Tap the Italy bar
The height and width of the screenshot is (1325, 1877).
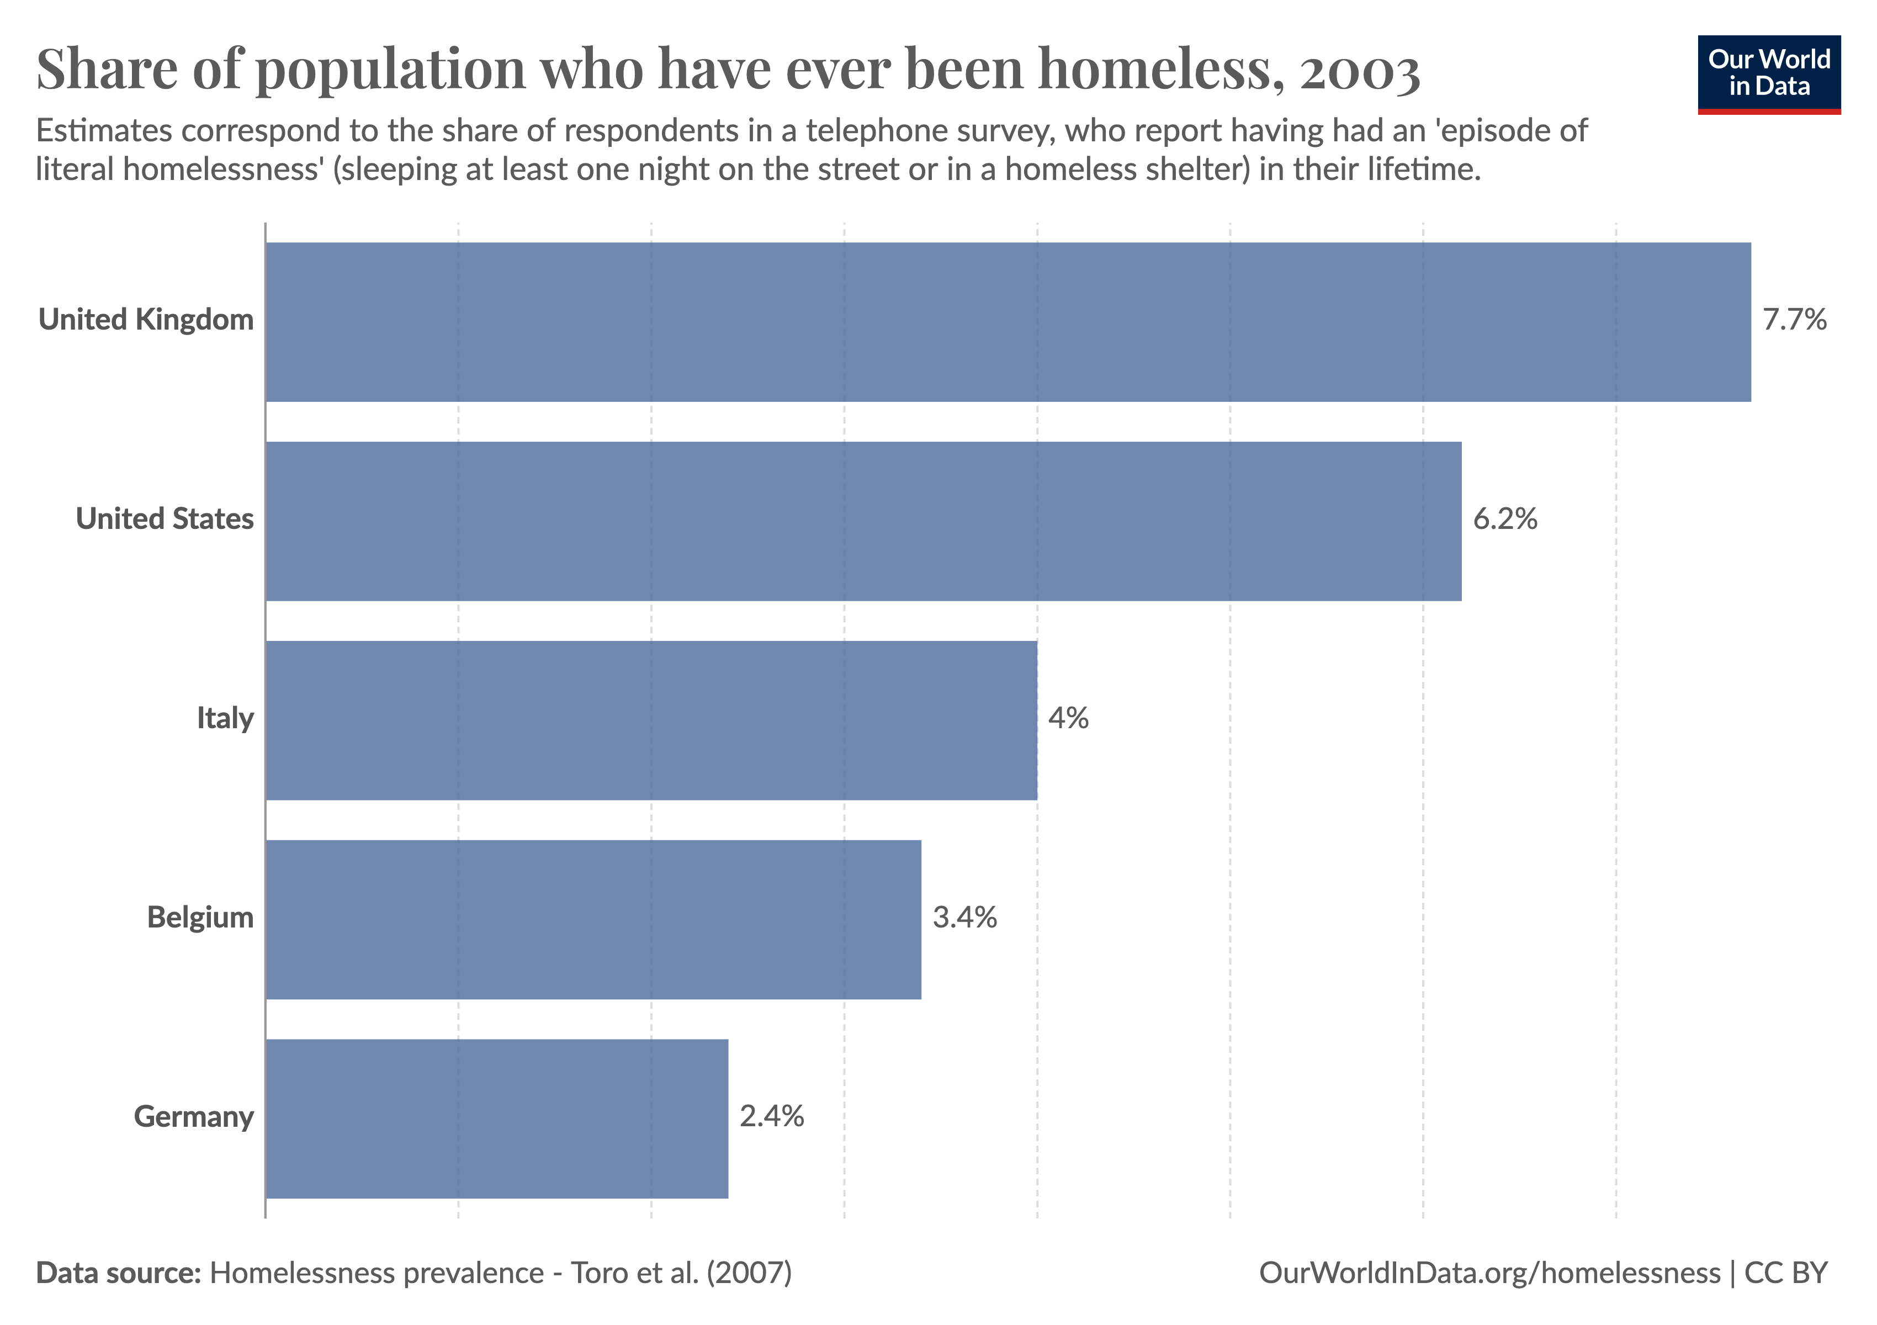(651, 720)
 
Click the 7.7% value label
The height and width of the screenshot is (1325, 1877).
(1794, 320)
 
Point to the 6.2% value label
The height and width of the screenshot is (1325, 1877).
(1504, 519)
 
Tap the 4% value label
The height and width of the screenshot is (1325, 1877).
(1068, 718)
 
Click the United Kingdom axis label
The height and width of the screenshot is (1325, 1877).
(146, 320)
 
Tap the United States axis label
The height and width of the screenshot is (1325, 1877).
(165, 519)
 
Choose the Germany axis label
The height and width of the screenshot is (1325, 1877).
(194, 1116)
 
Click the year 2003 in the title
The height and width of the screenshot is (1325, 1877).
(1360, 70)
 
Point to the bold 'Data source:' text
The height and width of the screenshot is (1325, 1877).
(119, 1273)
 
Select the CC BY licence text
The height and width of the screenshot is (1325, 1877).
(1786, 1273)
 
